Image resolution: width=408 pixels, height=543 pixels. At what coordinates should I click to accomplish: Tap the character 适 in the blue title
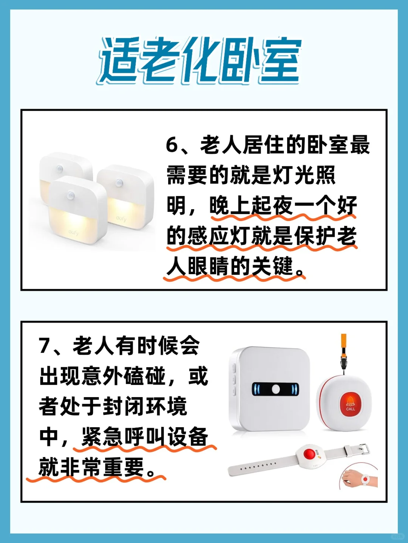[x=119, y=60]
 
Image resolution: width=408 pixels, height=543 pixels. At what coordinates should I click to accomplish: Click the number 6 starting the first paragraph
[x=172, y=145]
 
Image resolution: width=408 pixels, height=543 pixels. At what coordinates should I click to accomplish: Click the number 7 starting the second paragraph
[x=45, y=345]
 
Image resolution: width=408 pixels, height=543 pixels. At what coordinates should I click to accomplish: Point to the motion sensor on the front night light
[x=71, y=195]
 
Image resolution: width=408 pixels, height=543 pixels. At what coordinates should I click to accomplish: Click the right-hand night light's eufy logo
[x=121, y=218]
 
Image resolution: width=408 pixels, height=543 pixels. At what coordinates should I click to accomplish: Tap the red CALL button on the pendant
[x=350, y=403]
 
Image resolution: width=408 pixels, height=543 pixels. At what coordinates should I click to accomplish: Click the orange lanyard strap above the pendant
[x=343, y=343]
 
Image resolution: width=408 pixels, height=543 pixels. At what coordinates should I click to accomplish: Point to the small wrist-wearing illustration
[x=359, y=477]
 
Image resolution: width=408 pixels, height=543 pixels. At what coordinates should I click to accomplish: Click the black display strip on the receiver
[x=275, y=389]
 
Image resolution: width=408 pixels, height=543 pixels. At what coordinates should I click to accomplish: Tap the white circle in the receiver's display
[x=276, y=389]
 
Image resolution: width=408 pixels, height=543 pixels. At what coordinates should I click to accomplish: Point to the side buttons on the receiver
[x=234, y=379]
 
